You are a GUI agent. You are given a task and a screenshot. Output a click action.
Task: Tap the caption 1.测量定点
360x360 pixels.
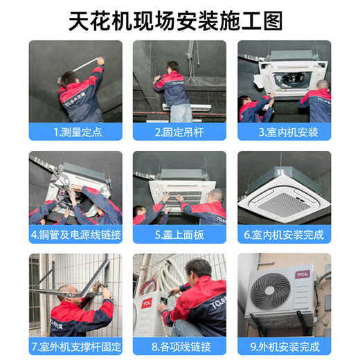point(75,131)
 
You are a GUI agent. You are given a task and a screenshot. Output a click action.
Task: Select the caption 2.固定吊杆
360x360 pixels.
point(180,131)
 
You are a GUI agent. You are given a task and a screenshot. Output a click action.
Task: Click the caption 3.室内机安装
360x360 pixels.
point(284,131)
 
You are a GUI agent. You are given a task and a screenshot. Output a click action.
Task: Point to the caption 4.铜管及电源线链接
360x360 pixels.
point(75,235)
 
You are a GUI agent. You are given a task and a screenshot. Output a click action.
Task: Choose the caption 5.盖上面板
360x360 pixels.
point(180,235)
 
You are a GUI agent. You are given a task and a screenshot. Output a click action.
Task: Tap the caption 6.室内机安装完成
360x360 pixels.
point(284,235)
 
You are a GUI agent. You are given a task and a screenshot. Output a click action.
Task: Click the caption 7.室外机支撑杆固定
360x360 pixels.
point(75,345)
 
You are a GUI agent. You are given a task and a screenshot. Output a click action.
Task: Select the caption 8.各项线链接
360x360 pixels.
point(180,345)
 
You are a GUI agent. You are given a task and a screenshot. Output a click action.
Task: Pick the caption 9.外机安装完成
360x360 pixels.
point(284,345)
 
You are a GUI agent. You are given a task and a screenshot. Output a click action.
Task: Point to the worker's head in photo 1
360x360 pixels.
point(67,78)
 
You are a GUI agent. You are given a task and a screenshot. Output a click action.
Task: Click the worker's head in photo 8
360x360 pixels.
point(198,270)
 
